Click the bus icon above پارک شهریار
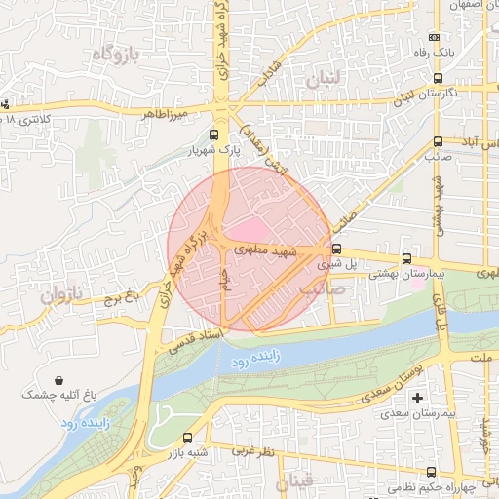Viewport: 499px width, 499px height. pyautogui.click(x=214, y=136)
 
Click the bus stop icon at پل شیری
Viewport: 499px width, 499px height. pyautogui.click(x=336, y=249)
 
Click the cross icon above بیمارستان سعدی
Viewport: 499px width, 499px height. pyautogui.click(x=418, y=399)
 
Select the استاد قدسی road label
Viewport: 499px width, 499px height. pyautogui.click(x=199, y=338)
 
